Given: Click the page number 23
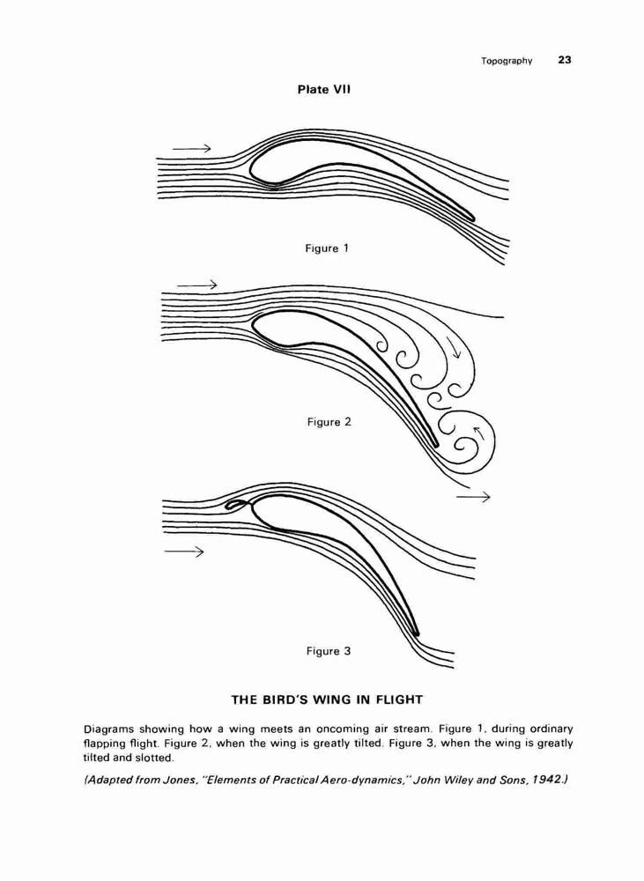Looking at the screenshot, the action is point(565,60).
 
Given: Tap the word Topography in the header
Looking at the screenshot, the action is point(507,61).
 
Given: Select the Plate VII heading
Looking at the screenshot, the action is point(324,89).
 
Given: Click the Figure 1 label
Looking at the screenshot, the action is point(327,248).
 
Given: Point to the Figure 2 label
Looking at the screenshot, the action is point(329,422).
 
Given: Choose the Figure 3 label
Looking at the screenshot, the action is point(329,651).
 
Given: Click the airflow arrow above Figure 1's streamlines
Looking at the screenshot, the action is point(192,148).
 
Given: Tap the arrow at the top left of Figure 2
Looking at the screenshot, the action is point(196,285).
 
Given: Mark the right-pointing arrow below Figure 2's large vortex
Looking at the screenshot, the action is point(473,497).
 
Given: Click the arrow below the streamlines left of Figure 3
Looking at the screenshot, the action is point(184,552).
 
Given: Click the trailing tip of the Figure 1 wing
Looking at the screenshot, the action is point(473,218).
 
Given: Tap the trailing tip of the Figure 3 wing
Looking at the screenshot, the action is point(417,633).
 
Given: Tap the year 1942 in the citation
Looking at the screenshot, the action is point(544,780).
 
